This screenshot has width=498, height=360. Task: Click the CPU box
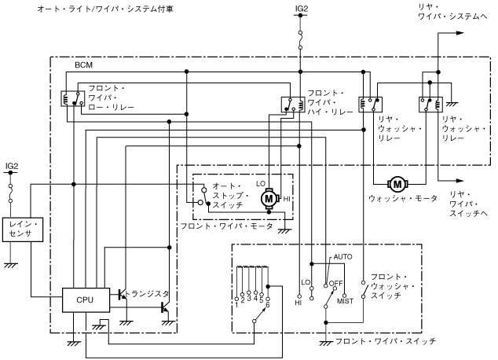(84, 299)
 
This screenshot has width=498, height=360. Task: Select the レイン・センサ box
(20, 230)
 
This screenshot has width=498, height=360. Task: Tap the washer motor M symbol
(397, 184)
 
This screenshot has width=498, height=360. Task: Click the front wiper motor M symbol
(270, 198)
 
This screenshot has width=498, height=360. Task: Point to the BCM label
(84, 64)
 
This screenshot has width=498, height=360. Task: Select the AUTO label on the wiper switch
(343, 257)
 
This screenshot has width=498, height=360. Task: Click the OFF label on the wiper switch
(336, 283)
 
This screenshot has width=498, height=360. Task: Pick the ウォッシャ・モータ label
(398, 198)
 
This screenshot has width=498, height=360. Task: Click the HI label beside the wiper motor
(287, 200)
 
